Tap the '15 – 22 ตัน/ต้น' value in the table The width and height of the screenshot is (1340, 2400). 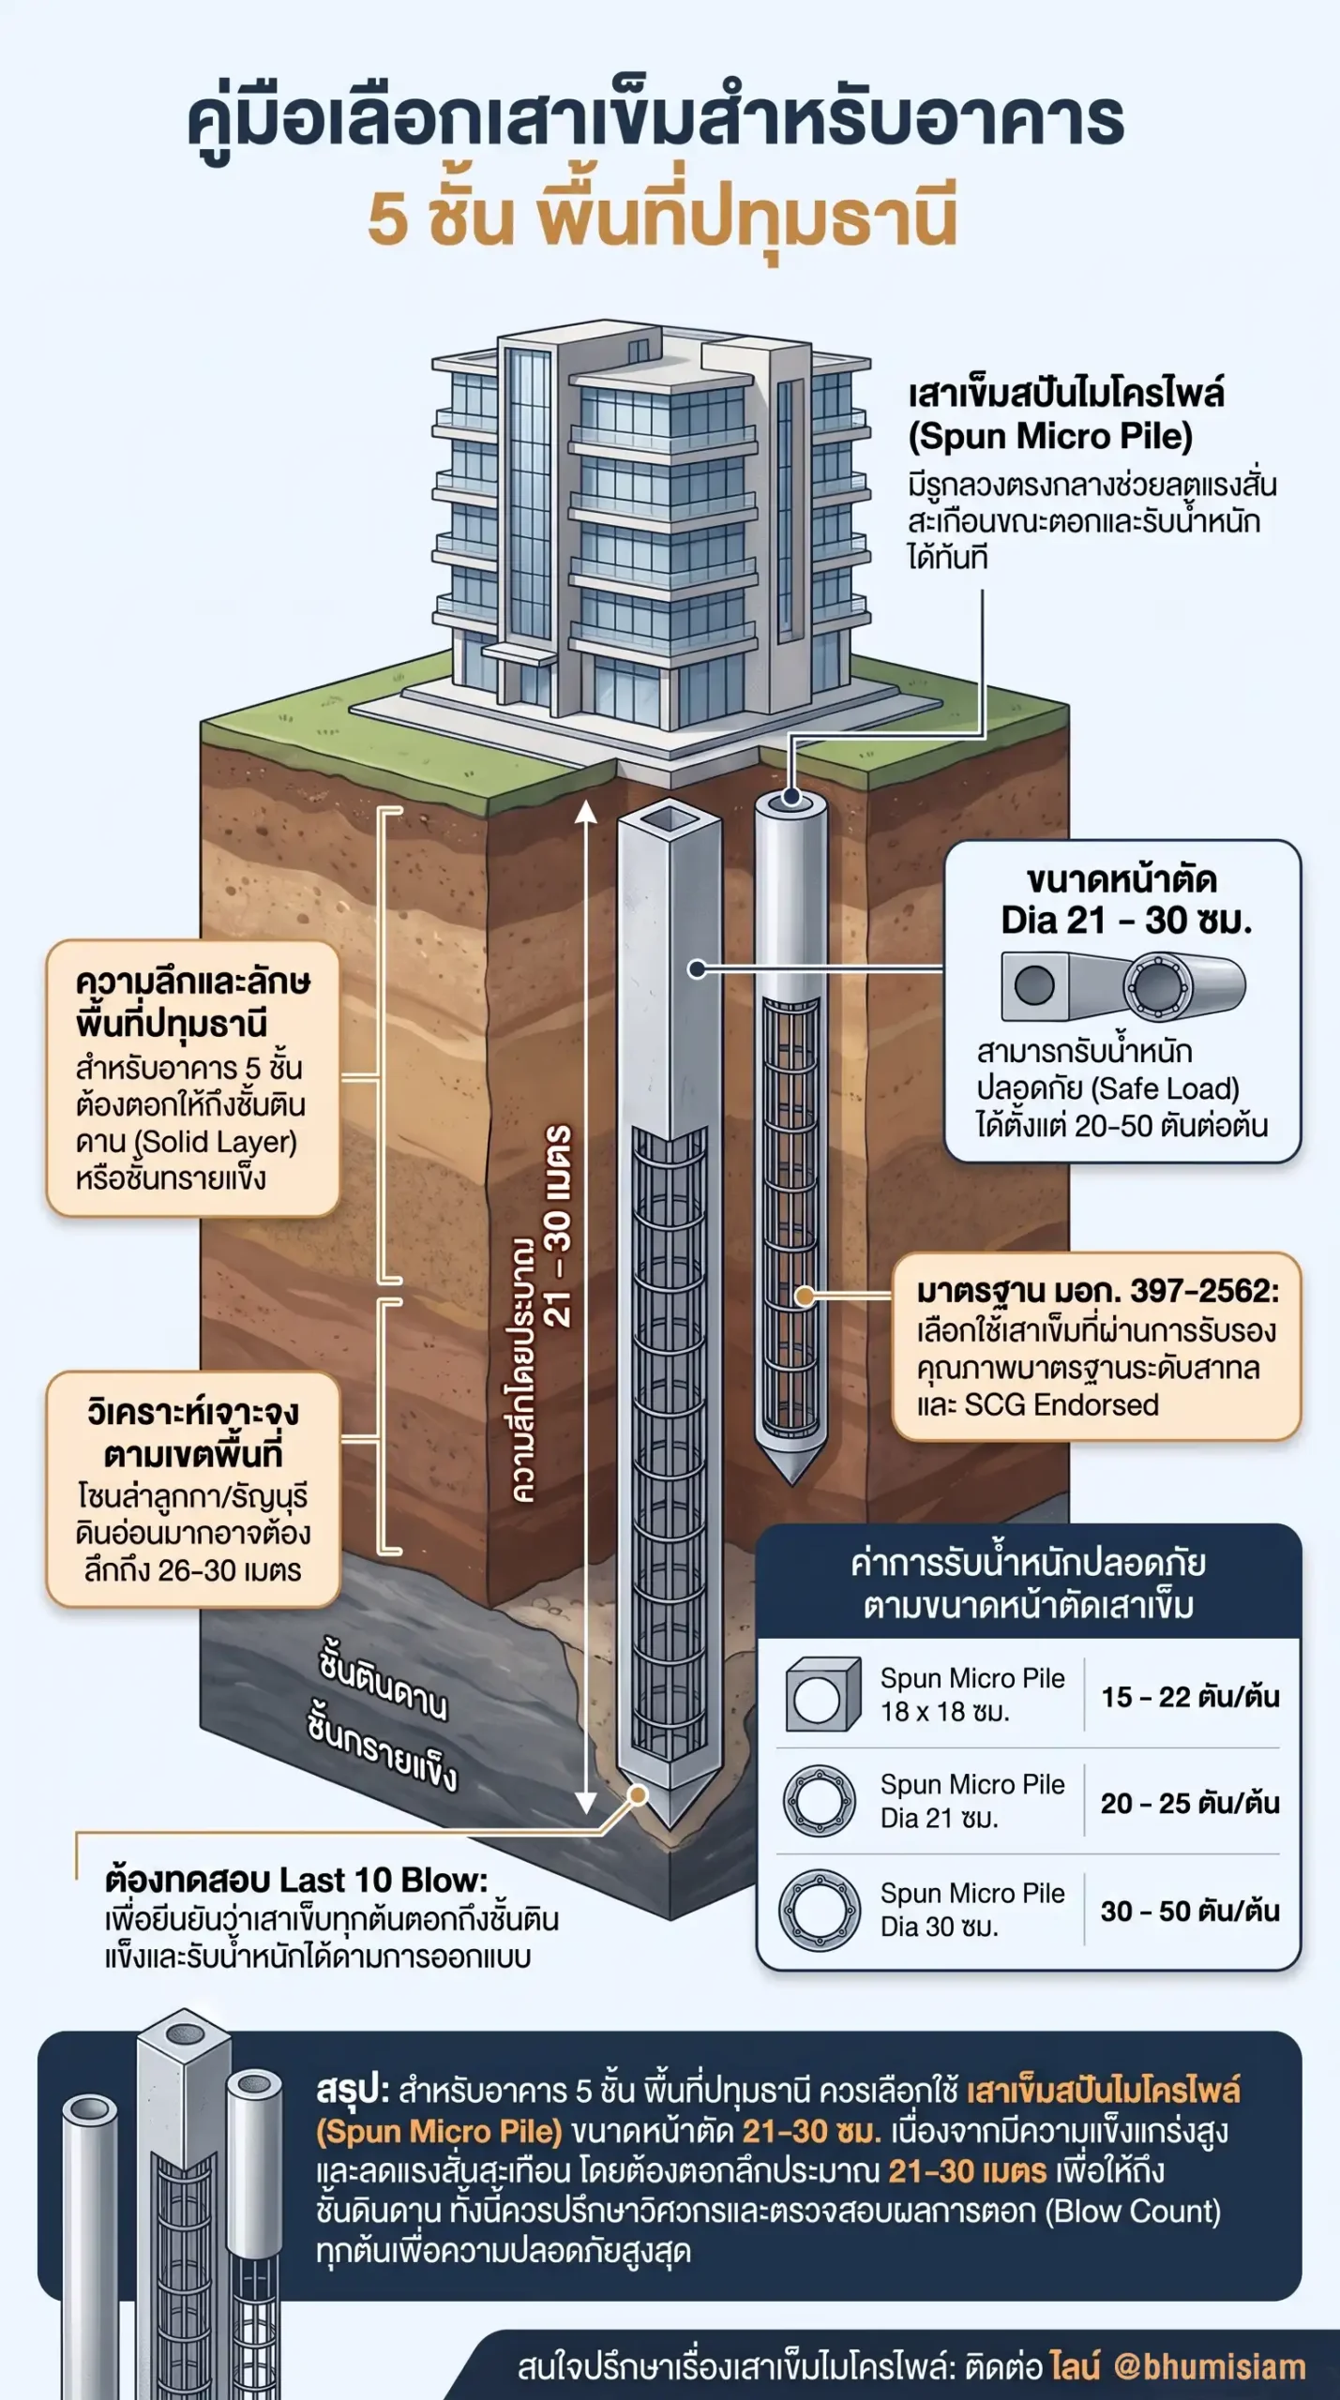click(1190, 1696)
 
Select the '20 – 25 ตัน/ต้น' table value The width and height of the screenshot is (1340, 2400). click(1190, 1803)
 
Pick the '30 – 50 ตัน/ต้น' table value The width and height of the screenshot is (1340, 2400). click(1190, 1911)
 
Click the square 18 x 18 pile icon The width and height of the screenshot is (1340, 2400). click(822, 1695)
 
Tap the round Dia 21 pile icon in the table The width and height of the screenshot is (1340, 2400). click(820, 1802)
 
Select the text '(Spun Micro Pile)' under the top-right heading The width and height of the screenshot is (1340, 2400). click(1050, 436)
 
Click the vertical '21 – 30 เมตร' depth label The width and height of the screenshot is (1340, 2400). click(557, 1225)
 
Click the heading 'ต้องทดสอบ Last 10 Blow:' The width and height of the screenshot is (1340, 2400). click(296, 1881)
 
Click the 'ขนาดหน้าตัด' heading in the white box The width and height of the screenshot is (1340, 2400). click(1122, 879)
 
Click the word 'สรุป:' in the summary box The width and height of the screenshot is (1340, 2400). click(353, 2090)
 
